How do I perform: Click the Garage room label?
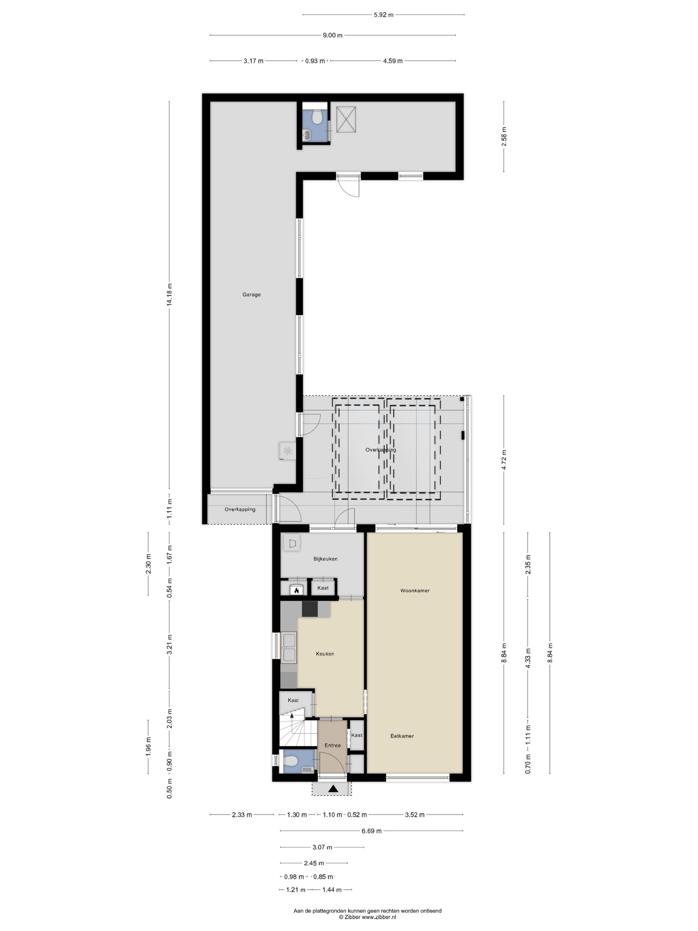[x=251, y=295]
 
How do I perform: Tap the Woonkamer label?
[x=414, y=591]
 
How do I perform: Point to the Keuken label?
[x=325, y=654]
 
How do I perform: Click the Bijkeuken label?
[x=325, y=559]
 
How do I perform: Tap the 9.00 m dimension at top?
[x=332, y=35]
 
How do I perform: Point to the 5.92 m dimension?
[x=383, y=15]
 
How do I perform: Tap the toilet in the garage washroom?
[x=317, y=116]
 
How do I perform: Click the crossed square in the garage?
[x=346, y=119]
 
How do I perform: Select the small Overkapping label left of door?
[x=240, y=509]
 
